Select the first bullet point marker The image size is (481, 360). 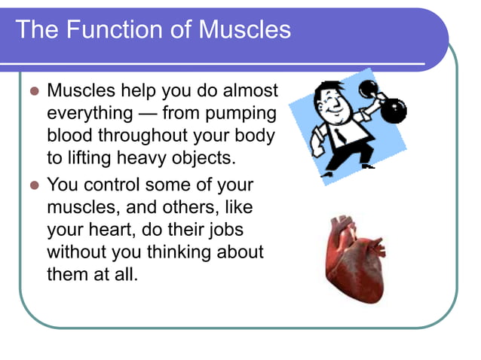click(32, 91)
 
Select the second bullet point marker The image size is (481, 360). click(32, 185)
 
